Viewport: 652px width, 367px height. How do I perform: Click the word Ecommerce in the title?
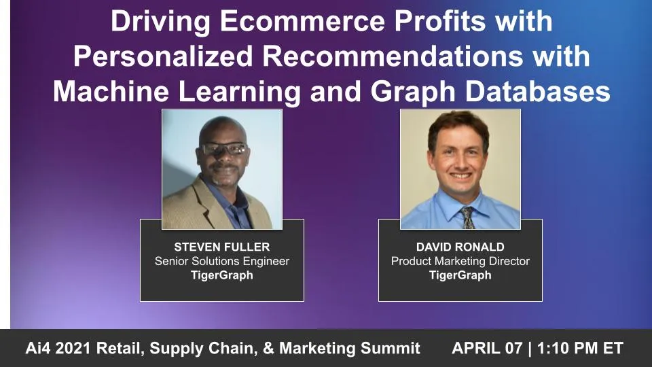click(284, 22)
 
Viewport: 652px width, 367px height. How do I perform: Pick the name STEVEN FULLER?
click(221, 247)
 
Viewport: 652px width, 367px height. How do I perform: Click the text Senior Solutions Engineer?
click(221, 261)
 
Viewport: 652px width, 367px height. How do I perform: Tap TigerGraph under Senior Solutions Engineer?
click(221, 275)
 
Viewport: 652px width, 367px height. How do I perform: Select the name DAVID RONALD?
click(460, 247)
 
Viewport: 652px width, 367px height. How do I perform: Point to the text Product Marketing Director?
click(460, 261)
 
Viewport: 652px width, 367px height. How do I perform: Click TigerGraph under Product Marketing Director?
click(460, 275)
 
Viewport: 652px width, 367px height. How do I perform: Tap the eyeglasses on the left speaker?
click(223, 149)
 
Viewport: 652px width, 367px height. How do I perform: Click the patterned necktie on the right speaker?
click(467, 216)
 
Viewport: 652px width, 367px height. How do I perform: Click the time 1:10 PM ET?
click(580, 349)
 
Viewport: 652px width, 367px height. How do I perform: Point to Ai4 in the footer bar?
click(40, 349)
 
